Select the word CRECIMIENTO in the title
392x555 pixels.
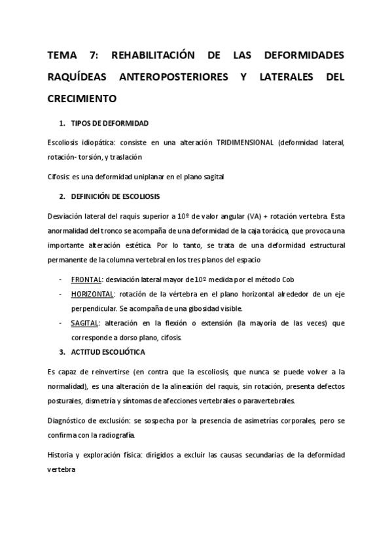click(x=82, y=99)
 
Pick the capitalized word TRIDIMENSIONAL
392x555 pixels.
click(x=245, y=142)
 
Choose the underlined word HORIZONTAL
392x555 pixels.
click(x=93, y=293)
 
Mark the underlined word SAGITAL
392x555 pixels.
click(x=84, y=323)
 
